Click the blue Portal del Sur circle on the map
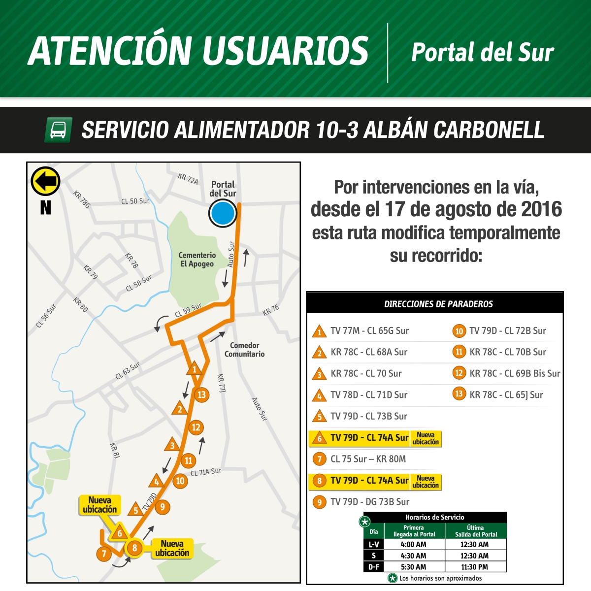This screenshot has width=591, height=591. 223,214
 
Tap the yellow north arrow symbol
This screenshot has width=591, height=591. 45,181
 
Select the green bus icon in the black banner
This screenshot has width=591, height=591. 58,130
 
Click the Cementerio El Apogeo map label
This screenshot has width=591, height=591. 197,260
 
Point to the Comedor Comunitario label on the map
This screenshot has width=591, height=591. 244,350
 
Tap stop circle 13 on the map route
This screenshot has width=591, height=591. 201,394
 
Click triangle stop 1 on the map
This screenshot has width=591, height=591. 195,369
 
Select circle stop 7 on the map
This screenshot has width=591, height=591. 104,554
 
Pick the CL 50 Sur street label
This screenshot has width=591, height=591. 135,201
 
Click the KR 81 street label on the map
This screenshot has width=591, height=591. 115,450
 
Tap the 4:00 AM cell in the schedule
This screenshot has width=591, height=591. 413,545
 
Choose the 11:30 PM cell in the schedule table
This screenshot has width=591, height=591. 474,567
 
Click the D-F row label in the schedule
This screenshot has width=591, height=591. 374,567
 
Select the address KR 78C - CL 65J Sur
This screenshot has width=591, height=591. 506,394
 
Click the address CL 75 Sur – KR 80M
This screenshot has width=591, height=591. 368,459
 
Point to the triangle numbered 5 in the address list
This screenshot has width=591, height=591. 320,417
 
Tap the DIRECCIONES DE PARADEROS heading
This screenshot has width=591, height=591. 438,304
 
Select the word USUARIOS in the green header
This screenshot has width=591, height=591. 285,51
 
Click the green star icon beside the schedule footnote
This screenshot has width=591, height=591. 393,578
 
